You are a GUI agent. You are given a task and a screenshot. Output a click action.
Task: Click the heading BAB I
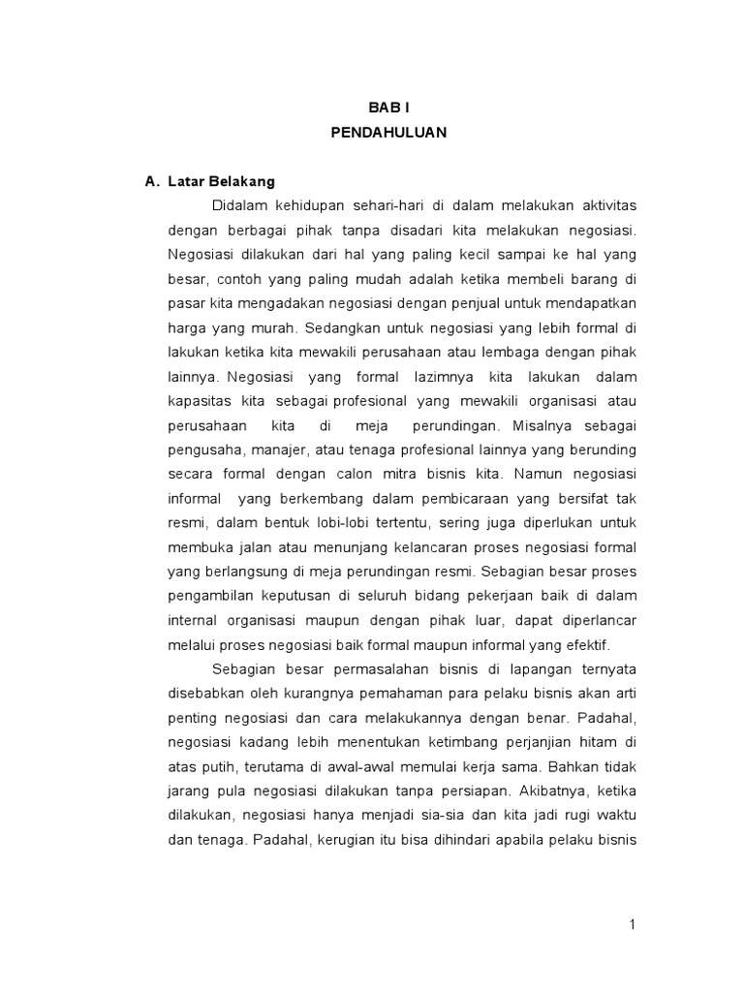click(387, 110)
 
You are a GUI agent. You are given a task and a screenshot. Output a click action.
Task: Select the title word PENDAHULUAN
click(387, 134)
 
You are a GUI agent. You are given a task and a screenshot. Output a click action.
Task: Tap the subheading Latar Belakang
click(222, 181)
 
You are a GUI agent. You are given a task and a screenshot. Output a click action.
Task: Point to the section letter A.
click(150, 181)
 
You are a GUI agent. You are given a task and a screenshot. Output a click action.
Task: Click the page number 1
click(632, 924)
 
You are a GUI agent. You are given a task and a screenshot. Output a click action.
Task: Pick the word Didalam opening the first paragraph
click(238, 205)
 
